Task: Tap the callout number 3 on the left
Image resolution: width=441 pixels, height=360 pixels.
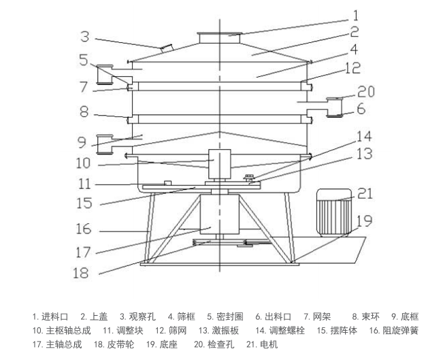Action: click(x=85, y=35)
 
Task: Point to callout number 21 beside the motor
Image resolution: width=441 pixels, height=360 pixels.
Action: click(x=365, y=194)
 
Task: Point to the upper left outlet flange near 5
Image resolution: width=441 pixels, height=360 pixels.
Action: click(x=105, y=73)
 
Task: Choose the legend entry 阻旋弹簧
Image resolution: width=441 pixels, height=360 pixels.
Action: click(x=399, y=330)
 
